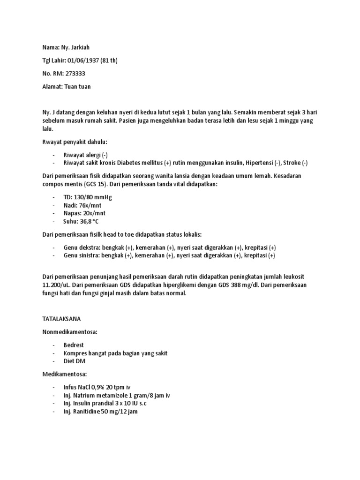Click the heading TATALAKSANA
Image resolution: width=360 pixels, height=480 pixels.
tap(61, 318)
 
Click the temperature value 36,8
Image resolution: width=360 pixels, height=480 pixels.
tap(87, 221)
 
